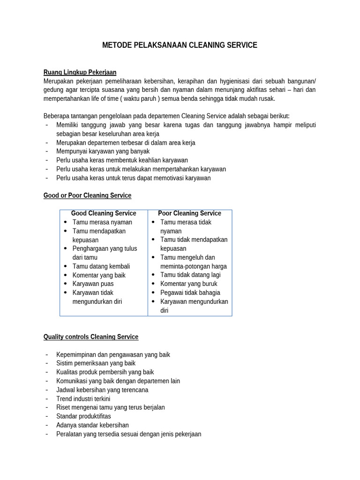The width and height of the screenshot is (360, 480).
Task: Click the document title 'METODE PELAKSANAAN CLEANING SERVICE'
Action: coord(180,45)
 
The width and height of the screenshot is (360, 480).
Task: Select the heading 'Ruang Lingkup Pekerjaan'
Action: coord(80,72)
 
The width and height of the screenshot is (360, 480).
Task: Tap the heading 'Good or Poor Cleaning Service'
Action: coord(87,195)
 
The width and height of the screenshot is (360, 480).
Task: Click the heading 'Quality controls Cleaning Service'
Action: coord(91,337)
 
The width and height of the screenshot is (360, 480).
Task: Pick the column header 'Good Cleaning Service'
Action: coord(104,213)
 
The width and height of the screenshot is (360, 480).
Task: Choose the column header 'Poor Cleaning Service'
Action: coord(189,213)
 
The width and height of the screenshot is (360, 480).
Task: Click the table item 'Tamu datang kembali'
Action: coord(101,266)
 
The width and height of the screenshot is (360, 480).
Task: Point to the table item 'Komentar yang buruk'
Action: coord(188,284)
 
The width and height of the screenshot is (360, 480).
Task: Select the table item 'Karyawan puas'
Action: coord(93,284)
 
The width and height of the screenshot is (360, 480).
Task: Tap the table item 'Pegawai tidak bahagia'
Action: coord(190,292)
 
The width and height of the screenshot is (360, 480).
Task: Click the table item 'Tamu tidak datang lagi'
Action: coord(190,275)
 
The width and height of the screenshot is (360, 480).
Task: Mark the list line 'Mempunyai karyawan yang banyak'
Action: coord(103,151)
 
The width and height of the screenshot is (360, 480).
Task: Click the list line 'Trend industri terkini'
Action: coord(83,398)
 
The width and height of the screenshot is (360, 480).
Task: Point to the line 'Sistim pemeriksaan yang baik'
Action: coord(96,363)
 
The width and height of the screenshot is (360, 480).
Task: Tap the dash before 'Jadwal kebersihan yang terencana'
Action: coord(47,390)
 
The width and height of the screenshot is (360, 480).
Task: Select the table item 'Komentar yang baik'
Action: coord(99,275)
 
